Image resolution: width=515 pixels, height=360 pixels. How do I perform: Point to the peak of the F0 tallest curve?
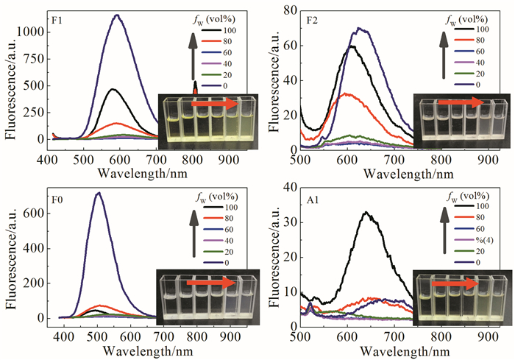(98, 193)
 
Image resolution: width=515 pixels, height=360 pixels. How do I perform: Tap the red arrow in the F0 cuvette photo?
(214, 281)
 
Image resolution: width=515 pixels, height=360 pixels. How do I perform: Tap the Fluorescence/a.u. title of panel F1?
(10, 82)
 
